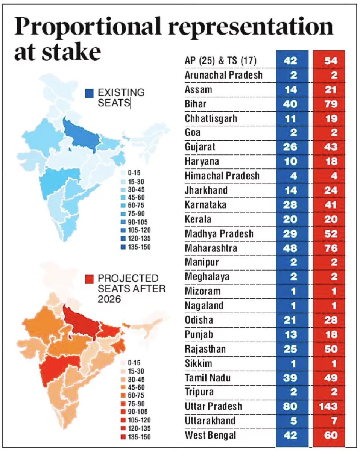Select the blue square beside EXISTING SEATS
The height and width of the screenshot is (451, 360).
pyautogui.click(x=90, y=93)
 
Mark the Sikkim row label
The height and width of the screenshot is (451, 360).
pyautogui.click(x=198, y=363)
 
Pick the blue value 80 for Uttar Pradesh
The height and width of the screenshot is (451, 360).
pyautogui.click(x=290, y=407)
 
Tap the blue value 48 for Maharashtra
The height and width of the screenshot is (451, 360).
pyautogui.click(x=290, y=248)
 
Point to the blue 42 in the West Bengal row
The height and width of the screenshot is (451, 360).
pyautogui.click(x=290, y=436)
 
